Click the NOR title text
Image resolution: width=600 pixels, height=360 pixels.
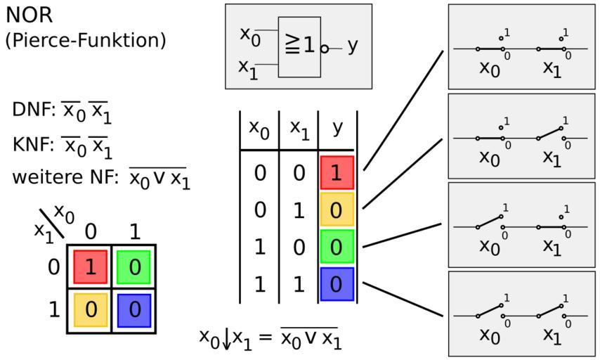tap(29, 15)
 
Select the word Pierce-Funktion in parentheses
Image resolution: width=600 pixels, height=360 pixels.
tap(86, 40)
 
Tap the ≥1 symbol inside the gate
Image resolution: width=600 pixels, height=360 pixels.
tap(300, 46)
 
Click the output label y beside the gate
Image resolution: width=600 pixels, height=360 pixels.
tap(353, 45)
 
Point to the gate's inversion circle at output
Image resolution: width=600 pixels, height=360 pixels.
tap(325, 49)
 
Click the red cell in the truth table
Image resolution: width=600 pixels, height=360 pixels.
tap(337, 173)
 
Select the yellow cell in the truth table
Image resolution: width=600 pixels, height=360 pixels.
tap(337, 210)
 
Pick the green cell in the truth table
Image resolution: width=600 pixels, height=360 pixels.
tap(337, 247)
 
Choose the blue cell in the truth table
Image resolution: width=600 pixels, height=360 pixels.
tap(337, 284)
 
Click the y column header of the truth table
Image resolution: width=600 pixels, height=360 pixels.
tap(337, 129)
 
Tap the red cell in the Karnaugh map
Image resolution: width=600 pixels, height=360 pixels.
tap(90, 267)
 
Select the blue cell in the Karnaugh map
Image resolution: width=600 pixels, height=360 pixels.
tap(134, 310)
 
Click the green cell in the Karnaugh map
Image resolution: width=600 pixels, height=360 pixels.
tap(134, 267)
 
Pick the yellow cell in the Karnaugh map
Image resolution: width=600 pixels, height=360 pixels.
tap(90, 310)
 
